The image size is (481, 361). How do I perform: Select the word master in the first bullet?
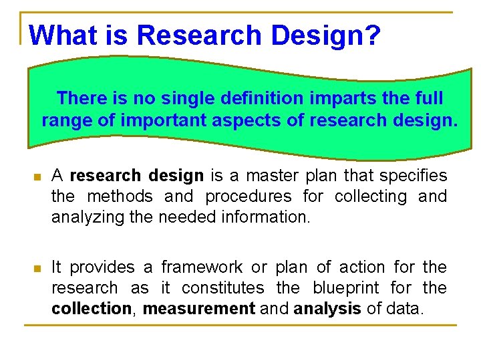coord(269,176)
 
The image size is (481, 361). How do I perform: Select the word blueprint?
coord(345,288)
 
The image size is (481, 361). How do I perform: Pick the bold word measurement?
coord(199,309)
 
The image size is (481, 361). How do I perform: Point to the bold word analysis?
coord(327,309)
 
